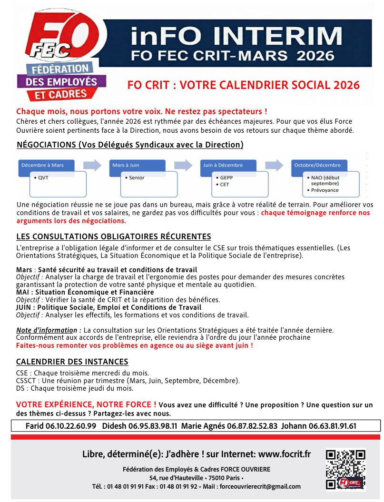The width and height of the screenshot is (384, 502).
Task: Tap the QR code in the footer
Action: pyautogui.click(x=345, y=470)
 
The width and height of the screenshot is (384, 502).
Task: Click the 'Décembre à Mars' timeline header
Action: pyautogui.click(x=43, y=165)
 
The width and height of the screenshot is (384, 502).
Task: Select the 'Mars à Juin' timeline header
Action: pyautogui.click(x=126, y=165)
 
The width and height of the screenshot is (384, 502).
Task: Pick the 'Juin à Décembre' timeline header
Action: pyautogui.click(x=223, y=165)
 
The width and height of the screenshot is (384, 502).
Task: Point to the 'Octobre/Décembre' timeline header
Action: pyautogui.click(x=317, y=165)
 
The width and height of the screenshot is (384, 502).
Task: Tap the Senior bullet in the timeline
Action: pyautogui.click(x=136, y=177)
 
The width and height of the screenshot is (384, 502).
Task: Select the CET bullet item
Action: pyautogui.click(x=224, y=184)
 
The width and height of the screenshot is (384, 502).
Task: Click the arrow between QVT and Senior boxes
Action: pyautogui.click(x=92, y=166)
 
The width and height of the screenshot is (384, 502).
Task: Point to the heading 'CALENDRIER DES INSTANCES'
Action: pyautogui.click(x=72, y=362)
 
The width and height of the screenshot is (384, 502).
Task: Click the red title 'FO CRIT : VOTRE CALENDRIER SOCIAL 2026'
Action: pyautogui.click(x=243, y=85)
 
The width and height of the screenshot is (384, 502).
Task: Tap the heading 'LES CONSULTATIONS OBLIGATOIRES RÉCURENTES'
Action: pyautogui.click(x=113, y=236)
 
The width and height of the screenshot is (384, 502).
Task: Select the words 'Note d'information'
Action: pyautogui.click(x=46, y=330)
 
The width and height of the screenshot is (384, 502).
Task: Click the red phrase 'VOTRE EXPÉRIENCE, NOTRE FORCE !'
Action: pyautogui.click(x=86, y=404)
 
